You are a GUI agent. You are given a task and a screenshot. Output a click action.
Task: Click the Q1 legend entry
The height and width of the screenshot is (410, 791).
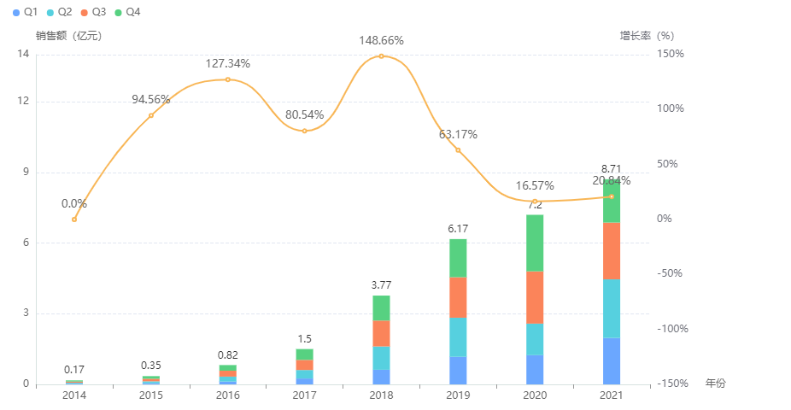click(x=25, y=12)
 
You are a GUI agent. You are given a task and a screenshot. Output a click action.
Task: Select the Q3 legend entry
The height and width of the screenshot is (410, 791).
click(x=92, y=12)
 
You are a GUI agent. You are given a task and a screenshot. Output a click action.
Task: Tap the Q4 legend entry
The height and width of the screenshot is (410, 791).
click(x=126, y=12)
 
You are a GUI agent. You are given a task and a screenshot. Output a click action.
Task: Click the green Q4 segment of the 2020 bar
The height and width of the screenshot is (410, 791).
click(x=535, y=243)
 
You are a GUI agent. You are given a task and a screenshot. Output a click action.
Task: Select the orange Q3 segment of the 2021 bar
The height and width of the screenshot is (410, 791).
click(x=612, y=250)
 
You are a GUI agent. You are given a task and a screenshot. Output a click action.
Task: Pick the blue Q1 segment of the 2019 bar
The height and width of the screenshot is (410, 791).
click(x=458, y=370)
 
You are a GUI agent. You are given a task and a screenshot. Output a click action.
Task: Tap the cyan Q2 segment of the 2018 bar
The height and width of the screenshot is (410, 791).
click(x=381, y=358)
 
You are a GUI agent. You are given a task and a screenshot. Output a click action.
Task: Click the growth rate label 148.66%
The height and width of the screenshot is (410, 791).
click(x=381, y=40)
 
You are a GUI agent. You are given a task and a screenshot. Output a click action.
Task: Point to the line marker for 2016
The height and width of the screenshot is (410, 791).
click(x=228, y=79)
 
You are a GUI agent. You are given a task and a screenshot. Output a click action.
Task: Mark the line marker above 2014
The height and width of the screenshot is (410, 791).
click(x=74, y=220)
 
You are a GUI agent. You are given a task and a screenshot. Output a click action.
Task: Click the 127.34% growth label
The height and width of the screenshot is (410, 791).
click(x=227, y=63)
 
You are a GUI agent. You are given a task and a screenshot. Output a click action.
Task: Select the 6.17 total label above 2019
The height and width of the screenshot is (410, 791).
click(x=458, y=229)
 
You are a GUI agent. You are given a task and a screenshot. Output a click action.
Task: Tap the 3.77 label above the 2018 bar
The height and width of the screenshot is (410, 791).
click(x=381, y=284)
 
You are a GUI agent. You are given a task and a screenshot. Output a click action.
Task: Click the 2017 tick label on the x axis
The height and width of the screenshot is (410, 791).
click(x=304, y=395)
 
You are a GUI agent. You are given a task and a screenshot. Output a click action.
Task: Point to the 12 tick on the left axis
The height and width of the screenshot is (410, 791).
click(x=24, y=101)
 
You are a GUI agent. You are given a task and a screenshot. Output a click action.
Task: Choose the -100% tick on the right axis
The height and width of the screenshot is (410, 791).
click(x=671, y=329)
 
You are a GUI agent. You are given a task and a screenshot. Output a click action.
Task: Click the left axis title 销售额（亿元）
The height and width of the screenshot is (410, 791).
click(x=69, y=36)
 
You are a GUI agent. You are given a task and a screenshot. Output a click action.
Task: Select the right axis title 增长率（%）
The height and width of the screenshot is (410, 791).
click(x=647, y=36)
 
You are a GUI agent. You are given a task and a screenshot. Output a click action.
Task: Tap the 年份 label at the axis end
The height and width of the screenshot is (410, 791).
click(x=715, y=384)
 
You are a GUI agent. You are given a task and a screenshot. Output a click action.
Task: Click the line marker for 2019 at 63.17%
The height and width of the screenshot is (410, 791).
click(x=458, y=150)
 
